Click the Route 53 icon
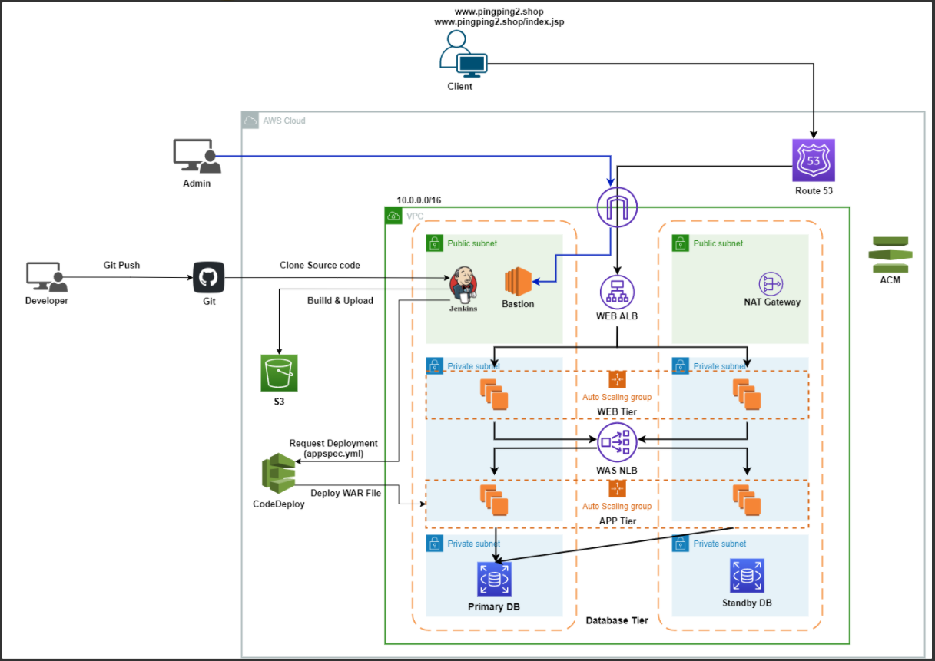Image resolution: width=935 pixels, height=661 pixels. pos(814,160)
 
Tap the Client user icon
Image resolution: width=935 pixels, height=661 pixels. pos(463,54)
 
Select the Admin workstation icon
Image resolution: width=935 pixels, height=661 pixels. pos(197,156)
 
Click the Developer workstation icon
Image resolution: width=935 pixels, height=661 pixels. pos(47,277)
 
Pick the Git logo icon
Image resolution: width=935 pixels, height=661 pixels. pos(209,277)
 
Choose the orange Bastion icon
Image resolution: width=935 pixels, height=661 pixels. pos(518,282)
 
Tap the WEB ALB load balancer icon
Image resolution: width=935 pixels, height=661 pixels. pos(617,292)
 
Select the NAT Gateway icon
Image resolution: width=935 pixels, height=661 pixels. pos(771,284)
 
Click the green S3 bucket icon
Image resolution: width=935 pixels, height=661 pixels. pos(279,373)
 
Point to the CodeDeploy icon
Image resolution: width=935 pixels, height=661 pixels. pos(278,474)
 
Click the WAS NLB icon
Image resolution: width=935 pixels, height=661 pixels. pos(617,442)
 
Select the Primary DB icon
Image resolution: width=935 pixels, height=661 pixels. pos(494,579)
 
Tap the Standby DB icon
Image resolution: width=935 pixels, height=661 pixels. pos(748,576)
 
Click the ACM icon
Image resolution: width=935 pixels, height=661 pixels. pos(890,255)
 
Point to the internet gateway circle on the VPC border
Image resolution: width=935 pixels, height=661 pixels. pos(617,207)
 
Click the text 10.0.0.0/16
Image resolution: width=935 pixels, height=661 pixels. pos(419,200)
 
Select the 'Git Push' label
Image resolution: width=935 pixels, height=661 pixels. pos(121,265)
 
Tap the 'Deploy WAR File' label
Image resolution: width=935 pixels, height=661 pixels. pos(346,493)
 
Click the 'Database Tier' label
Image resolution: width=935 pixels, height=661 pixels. pos(617,620)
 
